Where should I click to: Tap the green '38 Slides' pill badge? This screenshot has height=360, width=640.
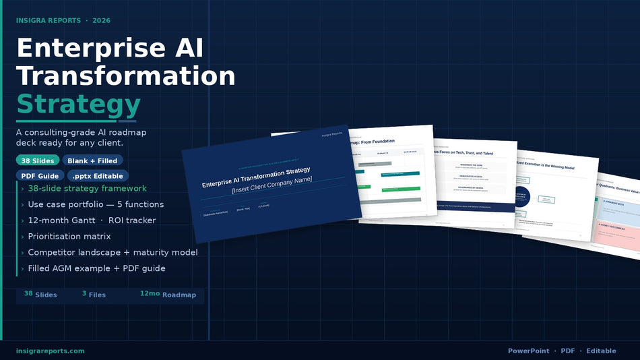click(38, 160)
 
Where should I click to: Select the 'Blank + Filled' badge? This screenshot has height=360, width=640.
click(93, 160)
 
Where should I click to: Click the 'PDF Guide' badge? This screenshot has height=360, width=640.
click(39, 176)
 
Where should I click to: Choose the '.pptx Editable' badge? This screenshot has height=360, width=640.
click(98, 176)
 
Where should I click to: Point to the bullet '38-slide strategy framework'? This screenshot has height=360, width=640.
click(87, 188)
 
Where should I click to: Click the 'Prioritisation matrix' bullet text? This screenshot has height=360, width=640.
click(69, 237)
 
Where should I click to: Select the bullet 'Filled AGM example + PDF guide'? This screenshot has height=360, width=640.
click(96, 268)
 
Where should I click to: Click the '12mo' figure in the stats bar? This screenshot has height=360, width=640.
click(150, 294)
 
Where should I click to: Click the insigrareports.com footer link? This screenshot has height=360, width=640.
click(51, 351)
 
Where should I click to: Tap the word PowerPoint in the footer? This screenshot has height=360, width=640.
click(528, 351)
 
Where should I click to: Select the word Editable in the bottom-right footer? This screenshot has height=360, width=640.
click(601, 351)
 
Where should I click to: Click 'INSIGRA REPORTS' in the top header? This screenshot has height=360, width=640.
click(48, 20)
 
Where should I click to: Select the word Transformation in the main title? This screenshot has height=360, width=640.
click(125, 76)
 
